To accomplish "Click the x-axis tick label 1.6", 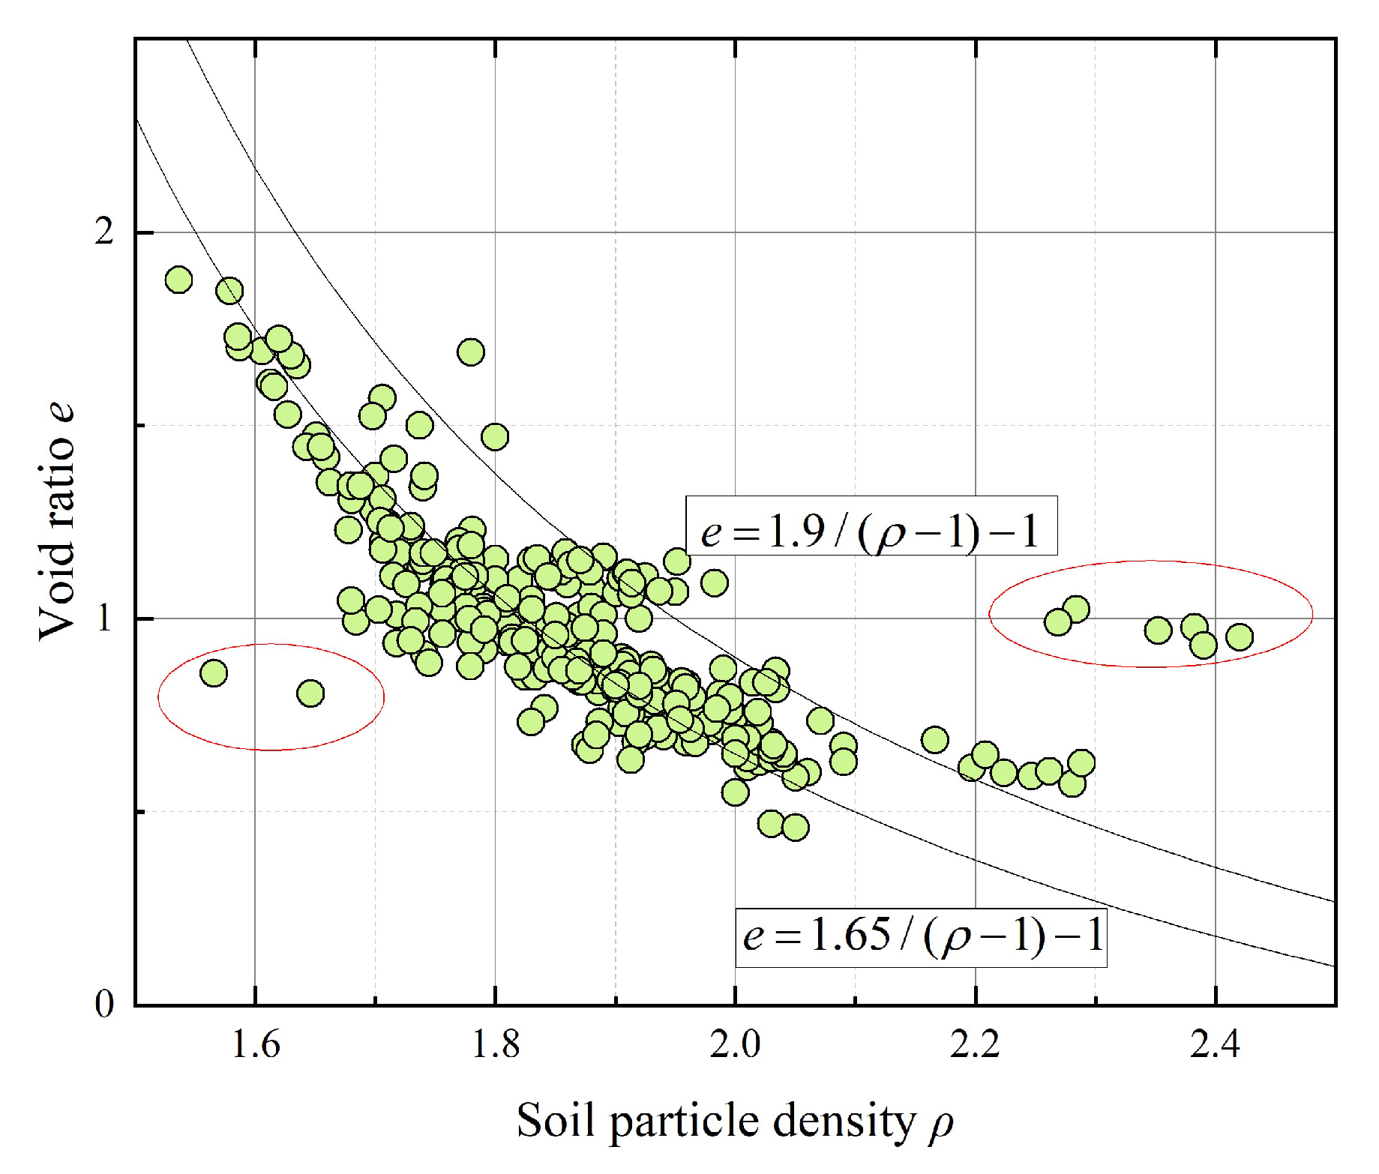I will (255, 1044).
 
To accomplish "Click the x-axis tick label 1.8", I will (495, 1044).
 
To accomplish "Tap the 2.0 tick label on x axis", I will (735, 1044).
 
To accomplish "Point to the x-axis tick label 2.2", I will (975, 1044).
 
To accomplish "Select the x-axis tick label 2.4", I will (1215, 1044).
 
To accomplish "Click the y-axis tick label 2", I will (103, 232).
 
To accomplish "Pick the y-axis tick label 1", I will (103, 618).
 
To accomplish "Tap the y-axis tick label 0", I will (103, 1005).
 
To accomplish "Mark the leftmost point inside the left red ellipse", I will (214, 672).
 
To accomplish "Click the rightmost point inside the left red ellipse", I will (310, 693).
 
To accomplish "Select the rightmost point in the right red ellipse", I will (1240, 637).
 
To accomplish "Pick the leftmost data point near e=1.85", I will (178, 280).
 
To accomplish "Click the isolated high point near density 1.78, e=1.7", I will (471, 352).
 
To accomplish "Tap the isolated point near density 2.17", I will (934, 740).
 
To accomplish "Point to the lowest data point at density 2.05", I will (795, 827).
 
